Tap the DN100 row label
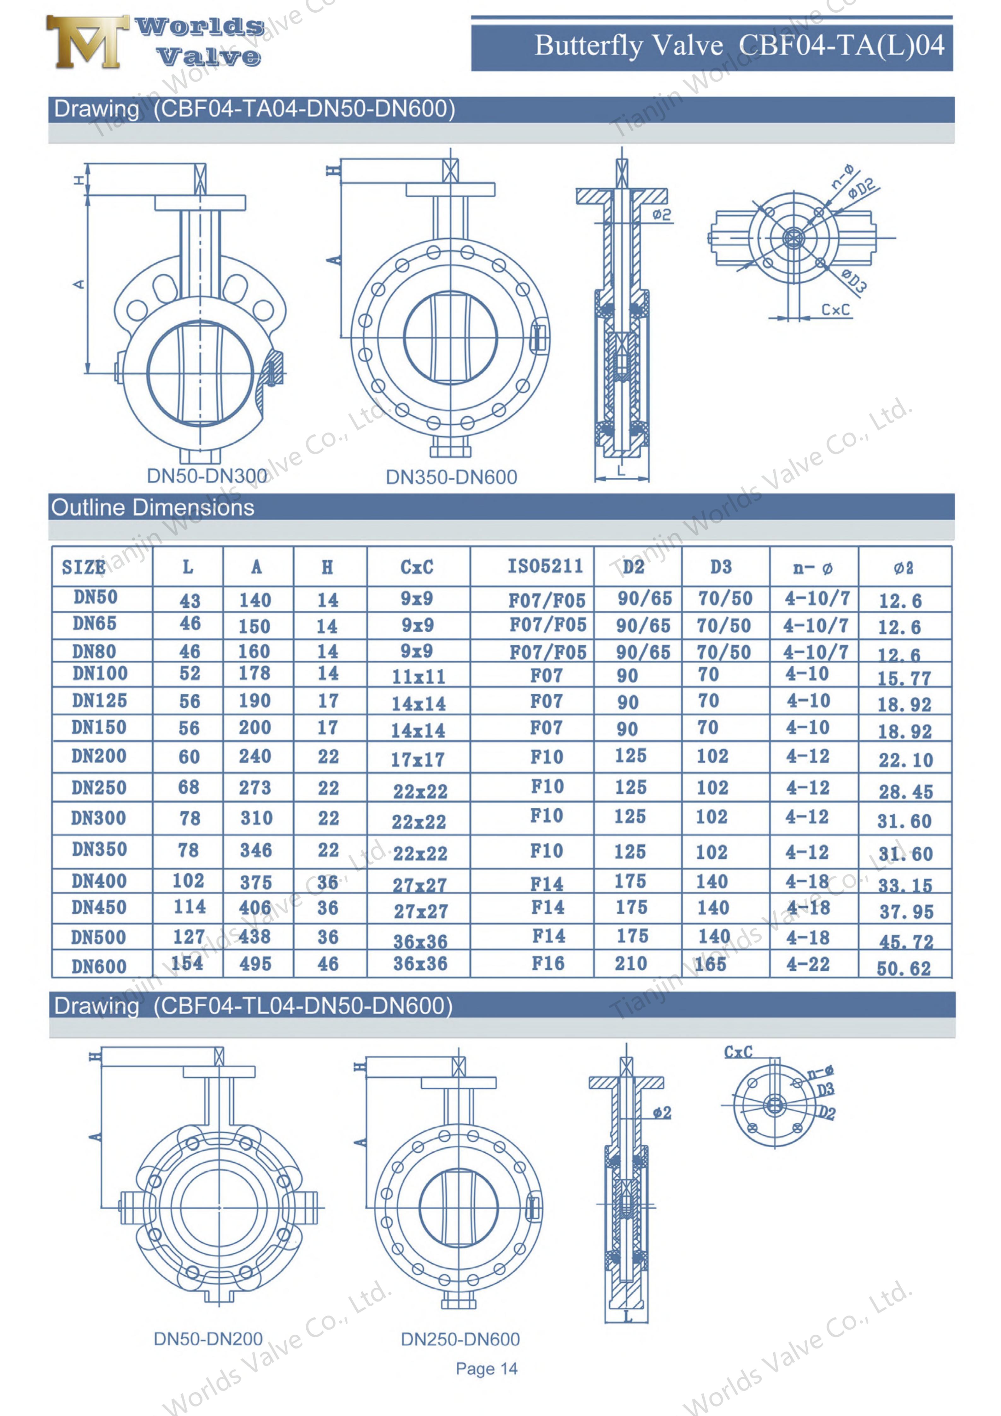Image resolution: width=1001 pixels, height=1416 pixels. pos(100,673)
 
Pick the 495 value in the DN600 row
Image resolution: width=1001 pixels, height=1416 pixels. pos(255,964)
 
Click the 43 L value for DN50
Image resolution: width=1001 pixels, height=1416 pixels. pos(190,600)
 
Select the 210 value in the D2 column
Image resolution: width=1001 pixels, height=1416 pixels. pos(631,963)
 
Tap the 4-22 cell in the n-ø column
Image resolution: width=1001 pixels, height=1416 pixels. pos(808,964)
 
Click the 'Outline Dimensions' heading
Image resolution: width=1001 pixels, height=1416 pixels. pos(152,507)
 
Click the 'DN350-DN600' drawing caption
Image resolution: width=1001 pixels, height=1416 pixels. pos(451,477)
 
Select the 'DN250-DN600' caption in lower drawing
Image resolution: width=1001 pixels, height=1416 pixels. pos(460,1339)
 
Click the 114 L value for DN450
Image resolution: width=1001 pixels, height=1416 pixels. pos(189,907)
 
